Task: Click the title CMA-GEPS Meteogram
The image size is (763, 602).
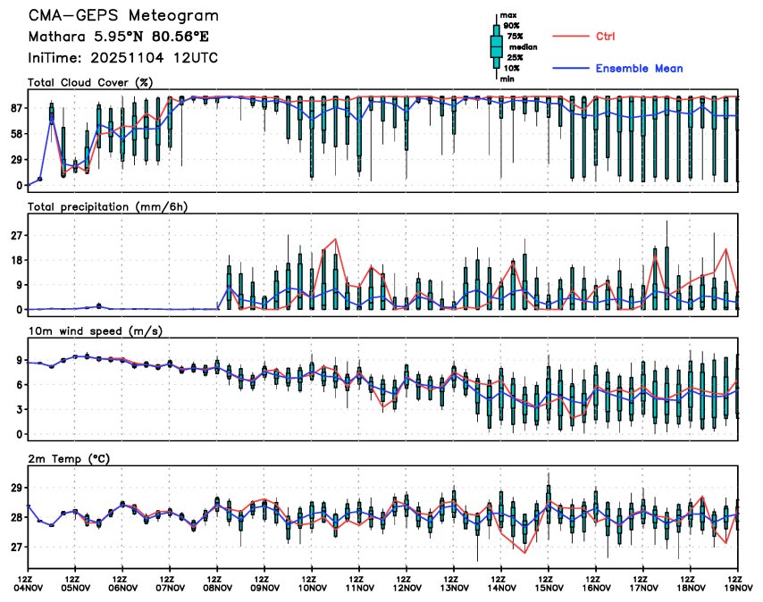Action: tap(122, 16)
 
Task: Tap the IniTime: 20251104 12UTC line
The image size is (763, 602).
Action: tap(122, 58)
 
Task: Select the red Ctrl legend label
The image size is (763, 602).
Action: tap(605, 37)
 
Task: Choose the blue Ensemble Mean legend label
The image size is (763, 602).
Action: tap(639, 68)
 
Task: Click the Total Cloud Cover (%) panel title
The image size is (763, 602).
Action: tap(90, 82)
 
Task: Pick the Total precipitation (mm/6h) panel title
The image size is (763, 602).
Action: tap(108, 206)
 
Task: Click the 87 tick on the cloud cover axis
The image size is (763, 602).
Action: tap(15, 107)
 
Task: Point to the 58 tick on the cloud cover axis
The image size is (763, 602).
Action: tap(15, 133)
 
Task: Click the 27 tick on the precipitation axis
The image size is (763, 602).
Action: tap(15, 235)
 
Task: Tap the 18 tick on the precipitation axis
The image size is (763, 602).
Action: tap(15, 260)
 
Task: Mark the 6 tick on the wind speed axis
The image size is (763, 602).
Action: tap(18, 384)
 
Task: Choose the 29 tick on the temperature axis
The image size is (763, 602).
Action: tap(15, 488)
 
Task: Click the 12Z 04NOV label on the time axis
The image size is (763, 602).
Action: tap(29, 581)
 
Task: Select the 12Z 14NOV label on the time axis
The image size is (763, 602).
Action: tap(501, 581)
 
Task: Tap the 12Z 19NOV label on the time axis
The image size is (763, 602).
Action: tap(737, 581)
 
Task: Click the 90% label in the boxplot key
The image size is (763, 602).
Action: tap(511, 26)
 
